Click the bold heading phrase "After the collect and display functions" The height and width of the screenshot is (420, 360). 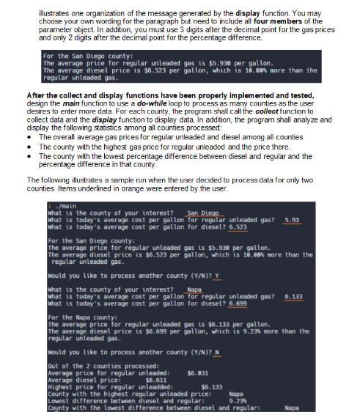click(x=86, y=96)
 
